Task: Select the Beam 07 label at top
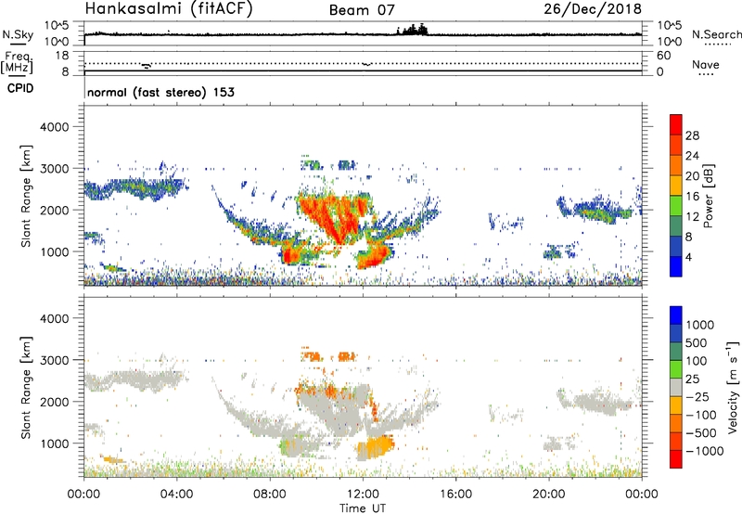pyautogui.click(x=360, y=11)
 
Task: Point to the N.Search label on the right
pyautogui.click(x=716, y=34)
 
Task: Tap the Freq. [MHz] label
pyautogui.click(x=19, y=62)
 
